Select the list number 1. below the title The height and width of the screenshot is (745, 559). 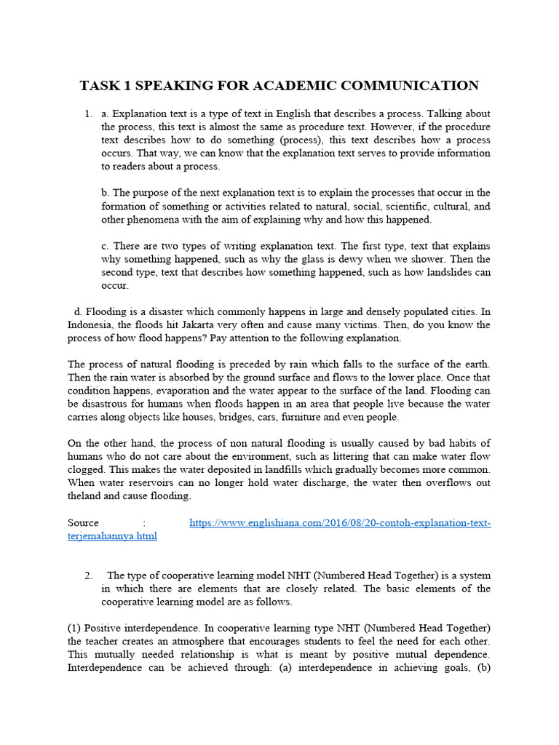pos(88,114)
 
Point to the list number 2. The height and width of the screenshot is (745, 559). pos(88,575)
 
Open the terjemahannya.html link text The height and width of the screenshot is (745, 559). pos(112,536)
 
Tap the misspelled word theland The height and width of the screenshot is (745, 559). pos(86,495)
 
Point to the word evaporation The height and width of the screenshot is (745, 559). pos(170,391)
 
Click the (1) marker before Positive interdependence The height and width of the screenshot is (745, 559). pos(74,628)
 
